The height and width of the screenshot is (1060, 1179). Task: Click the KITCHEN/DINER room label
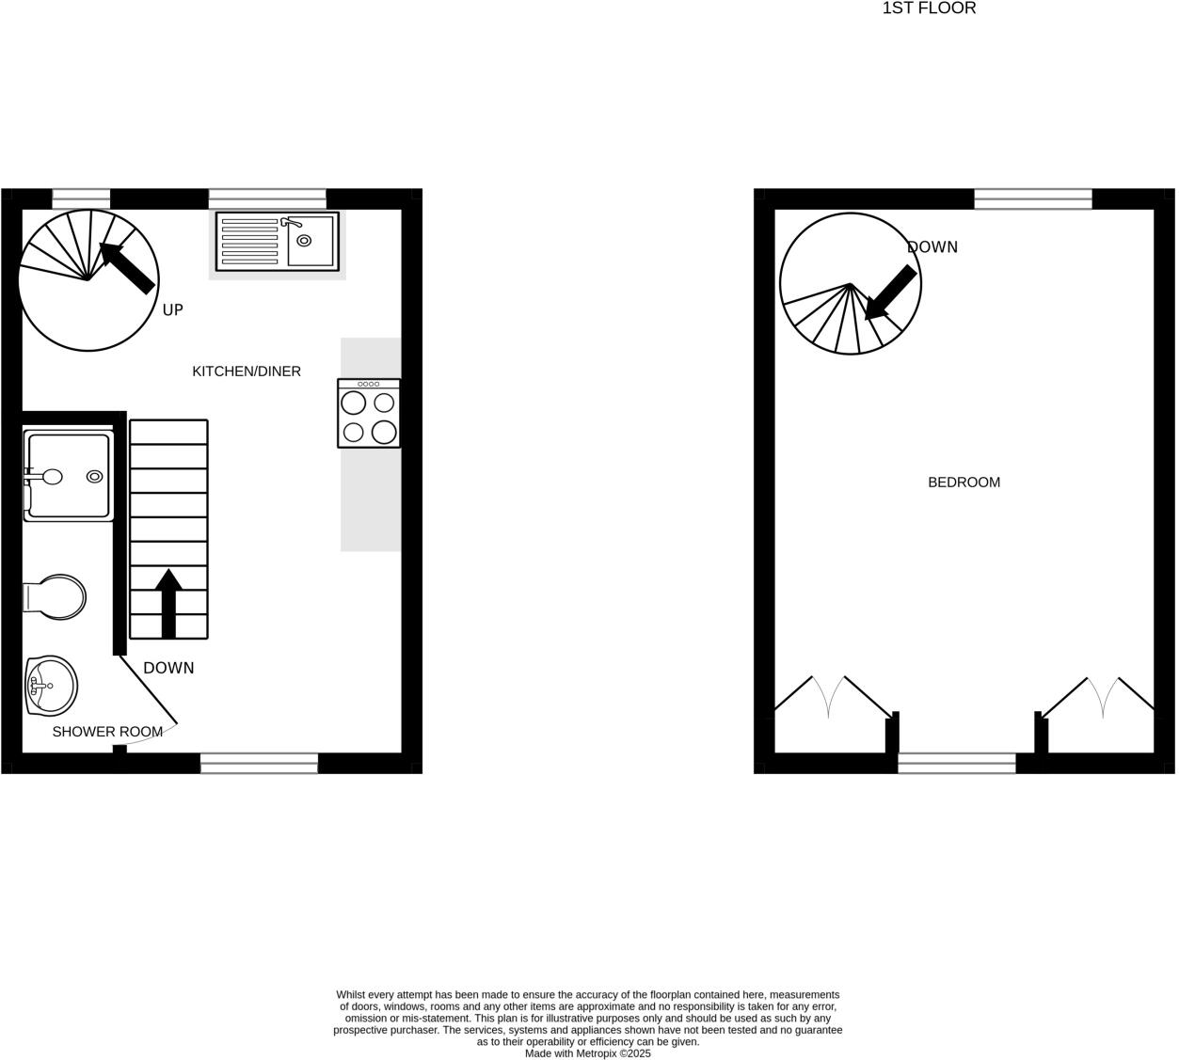[247, 372]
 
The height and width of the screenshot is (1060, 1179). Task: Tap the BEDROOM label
[964, 483]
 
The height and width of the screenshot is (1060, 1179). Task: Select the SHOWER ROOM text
[107, 732]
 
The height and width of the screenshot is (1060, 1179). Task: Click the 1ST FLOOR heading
[929, 8]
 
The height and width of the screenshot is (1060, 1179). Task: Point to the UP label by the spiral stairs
[173, 309]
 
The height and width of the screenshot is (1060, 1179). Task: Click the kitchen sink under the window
[277, 242]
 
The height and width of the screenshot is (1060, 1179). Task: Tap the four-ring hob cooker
[369, 413]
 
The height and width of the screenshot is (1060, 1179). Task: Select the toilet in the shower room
[56, 596]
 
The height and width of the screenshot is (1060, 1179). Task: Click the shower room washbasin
[52, 684]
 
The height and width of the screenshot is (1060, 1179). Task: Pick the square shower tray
[69, 475]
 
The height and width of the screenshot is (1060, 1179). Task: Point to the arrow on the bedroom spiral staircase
[889, 293]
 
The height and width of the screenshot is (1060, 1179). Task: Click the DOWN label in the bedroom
[932, 247]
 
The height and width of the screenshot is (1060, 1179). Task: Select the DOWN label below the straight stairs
[168, 668]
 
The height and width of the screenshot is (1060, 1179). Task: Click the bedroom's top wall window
[1032, 198]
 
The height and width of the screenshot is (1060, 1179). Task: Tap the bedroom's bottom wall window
[956, 763]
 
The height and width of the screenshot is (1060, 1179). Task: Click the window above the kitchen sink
[267, 198]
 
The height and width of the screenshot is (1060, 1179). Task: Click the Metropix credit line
[587, 1053]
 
